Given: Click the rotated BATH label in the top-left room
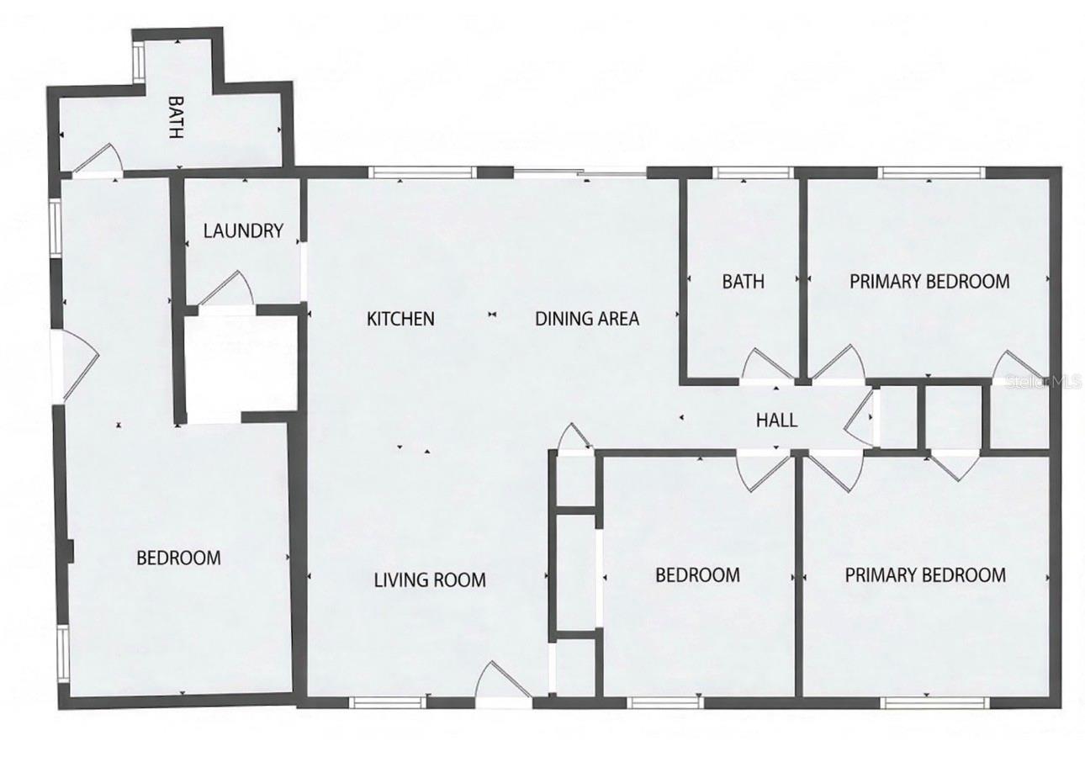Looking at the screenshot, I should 176,118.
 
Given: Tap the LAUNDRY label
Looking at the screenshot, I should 243,230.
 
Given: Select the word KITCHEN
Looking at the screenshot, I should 400,319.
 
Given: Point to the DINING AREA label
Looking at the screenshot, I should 587,319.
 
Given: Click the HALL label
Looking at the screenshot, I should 776,421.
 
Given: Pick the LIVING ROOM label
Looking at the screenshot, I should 430,579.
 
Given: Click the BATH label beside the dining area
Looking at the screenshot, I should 744,281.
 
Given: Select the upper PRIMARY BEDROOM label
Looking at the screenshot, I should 929,281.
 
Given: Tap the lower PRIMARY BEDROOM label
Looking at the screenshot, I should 925,575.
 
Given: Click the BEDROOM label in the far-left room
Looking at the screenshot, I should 179,558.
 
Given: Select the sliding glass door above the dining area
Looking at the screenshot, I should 580,174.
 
